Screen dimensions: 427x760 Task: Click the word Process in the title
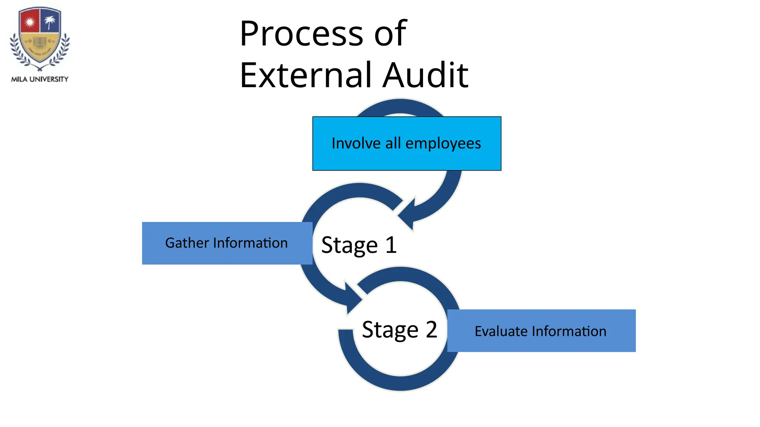pyautogui.click(x=301, y=34)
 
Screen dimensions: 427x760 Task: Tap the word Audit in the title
pyautogui.click(x=426, y=76)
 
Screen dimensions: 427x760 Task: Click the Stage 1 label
pyautogui.click(x=359, y=245)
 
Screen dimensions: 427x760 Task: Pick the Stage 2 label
pyautogui.click(x=399, y=330)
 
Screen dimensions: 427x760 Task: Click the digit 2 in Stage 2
pyautogui.click(x=431, y=329)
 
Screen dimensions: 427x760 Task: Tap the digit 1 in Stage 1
pyautogui.click(x=391, y=245)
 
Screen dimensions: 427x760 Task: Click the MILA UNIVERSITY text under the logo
pyautogui.click(x=40, y=79)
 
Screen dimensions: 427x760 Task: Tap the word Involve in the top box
pyautogui.click(x=356, y=143)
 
